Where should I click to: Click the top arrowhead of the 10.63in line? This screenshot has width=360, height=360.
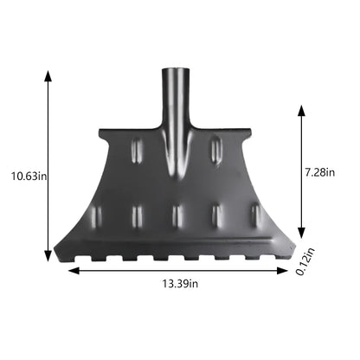47,73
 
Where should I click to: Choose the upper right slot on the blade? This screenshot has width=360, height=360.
215,151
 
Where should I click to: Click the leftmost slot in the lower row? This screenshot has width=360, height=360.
97,215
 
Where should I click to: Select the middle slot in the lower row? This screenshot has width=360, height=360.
177,215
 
